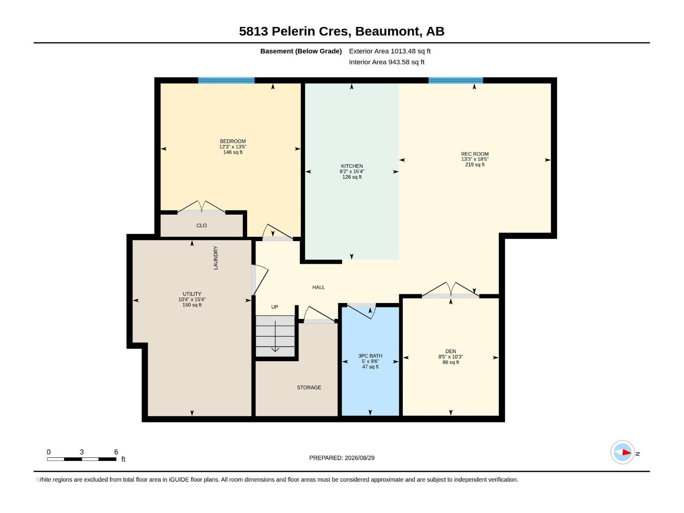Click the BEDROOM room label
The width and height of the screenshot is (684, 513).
point(233,141)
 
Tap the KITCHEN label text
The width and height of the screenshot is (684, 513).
point(351,166)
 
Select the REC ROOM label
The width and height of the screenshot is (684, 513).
point(475,154)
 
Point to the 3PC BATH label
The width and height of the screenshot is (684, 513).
point(370,356)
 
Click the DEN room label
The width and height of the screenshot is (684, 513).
point(451,351)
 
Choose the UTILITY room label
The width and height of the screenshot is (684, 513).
point(192,294)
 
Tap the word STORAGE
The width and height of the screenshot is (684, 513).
point(309,387)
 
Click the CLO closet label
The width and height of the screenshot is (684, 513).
point(201,226)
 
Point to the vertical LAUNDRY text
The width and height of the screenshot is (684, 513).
point(215,258)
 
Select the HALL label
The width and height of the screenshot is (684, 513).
point(318,287)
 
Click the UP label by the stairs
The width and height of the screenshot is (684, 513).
point(274,307)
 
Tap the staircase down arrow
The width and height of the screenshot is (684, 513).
point(275,336)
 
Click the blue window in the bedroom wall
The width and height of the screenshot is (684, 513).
point(226,80)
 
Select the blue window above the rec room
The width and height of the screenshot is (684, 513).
point(456,80)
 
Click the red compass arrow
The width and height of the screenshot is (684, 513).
point(627,452)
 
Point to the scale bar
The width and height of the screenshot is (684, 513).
point(82,459)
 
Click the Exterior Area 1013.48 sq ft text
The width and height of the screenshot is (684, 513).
point(389,51)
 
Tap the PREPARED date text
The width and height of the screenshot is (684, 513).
point(342,458)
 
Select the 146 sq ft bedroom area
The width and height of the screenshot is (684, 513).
point(233,152)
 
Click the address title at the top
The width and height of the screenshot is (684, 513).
point(342,31)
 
